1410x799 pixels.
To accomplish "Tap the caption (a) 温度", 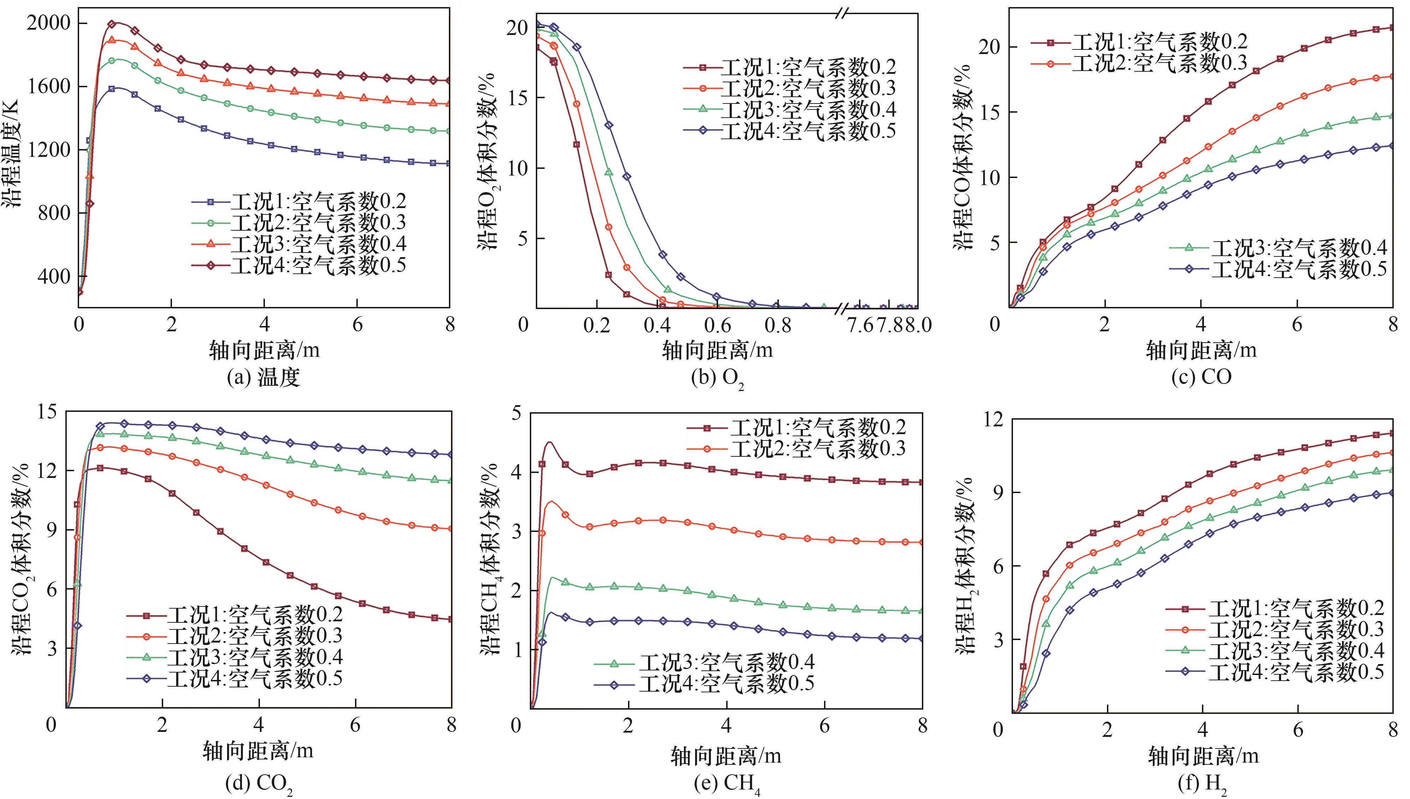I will (263, 378).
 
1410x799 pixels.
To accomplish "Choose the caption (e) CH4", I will (727, 783).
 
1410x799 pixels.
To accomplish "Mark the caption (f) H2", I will (1202, 783).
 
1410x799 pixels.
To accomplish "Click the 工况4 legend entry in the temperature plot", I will (299, 266).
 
